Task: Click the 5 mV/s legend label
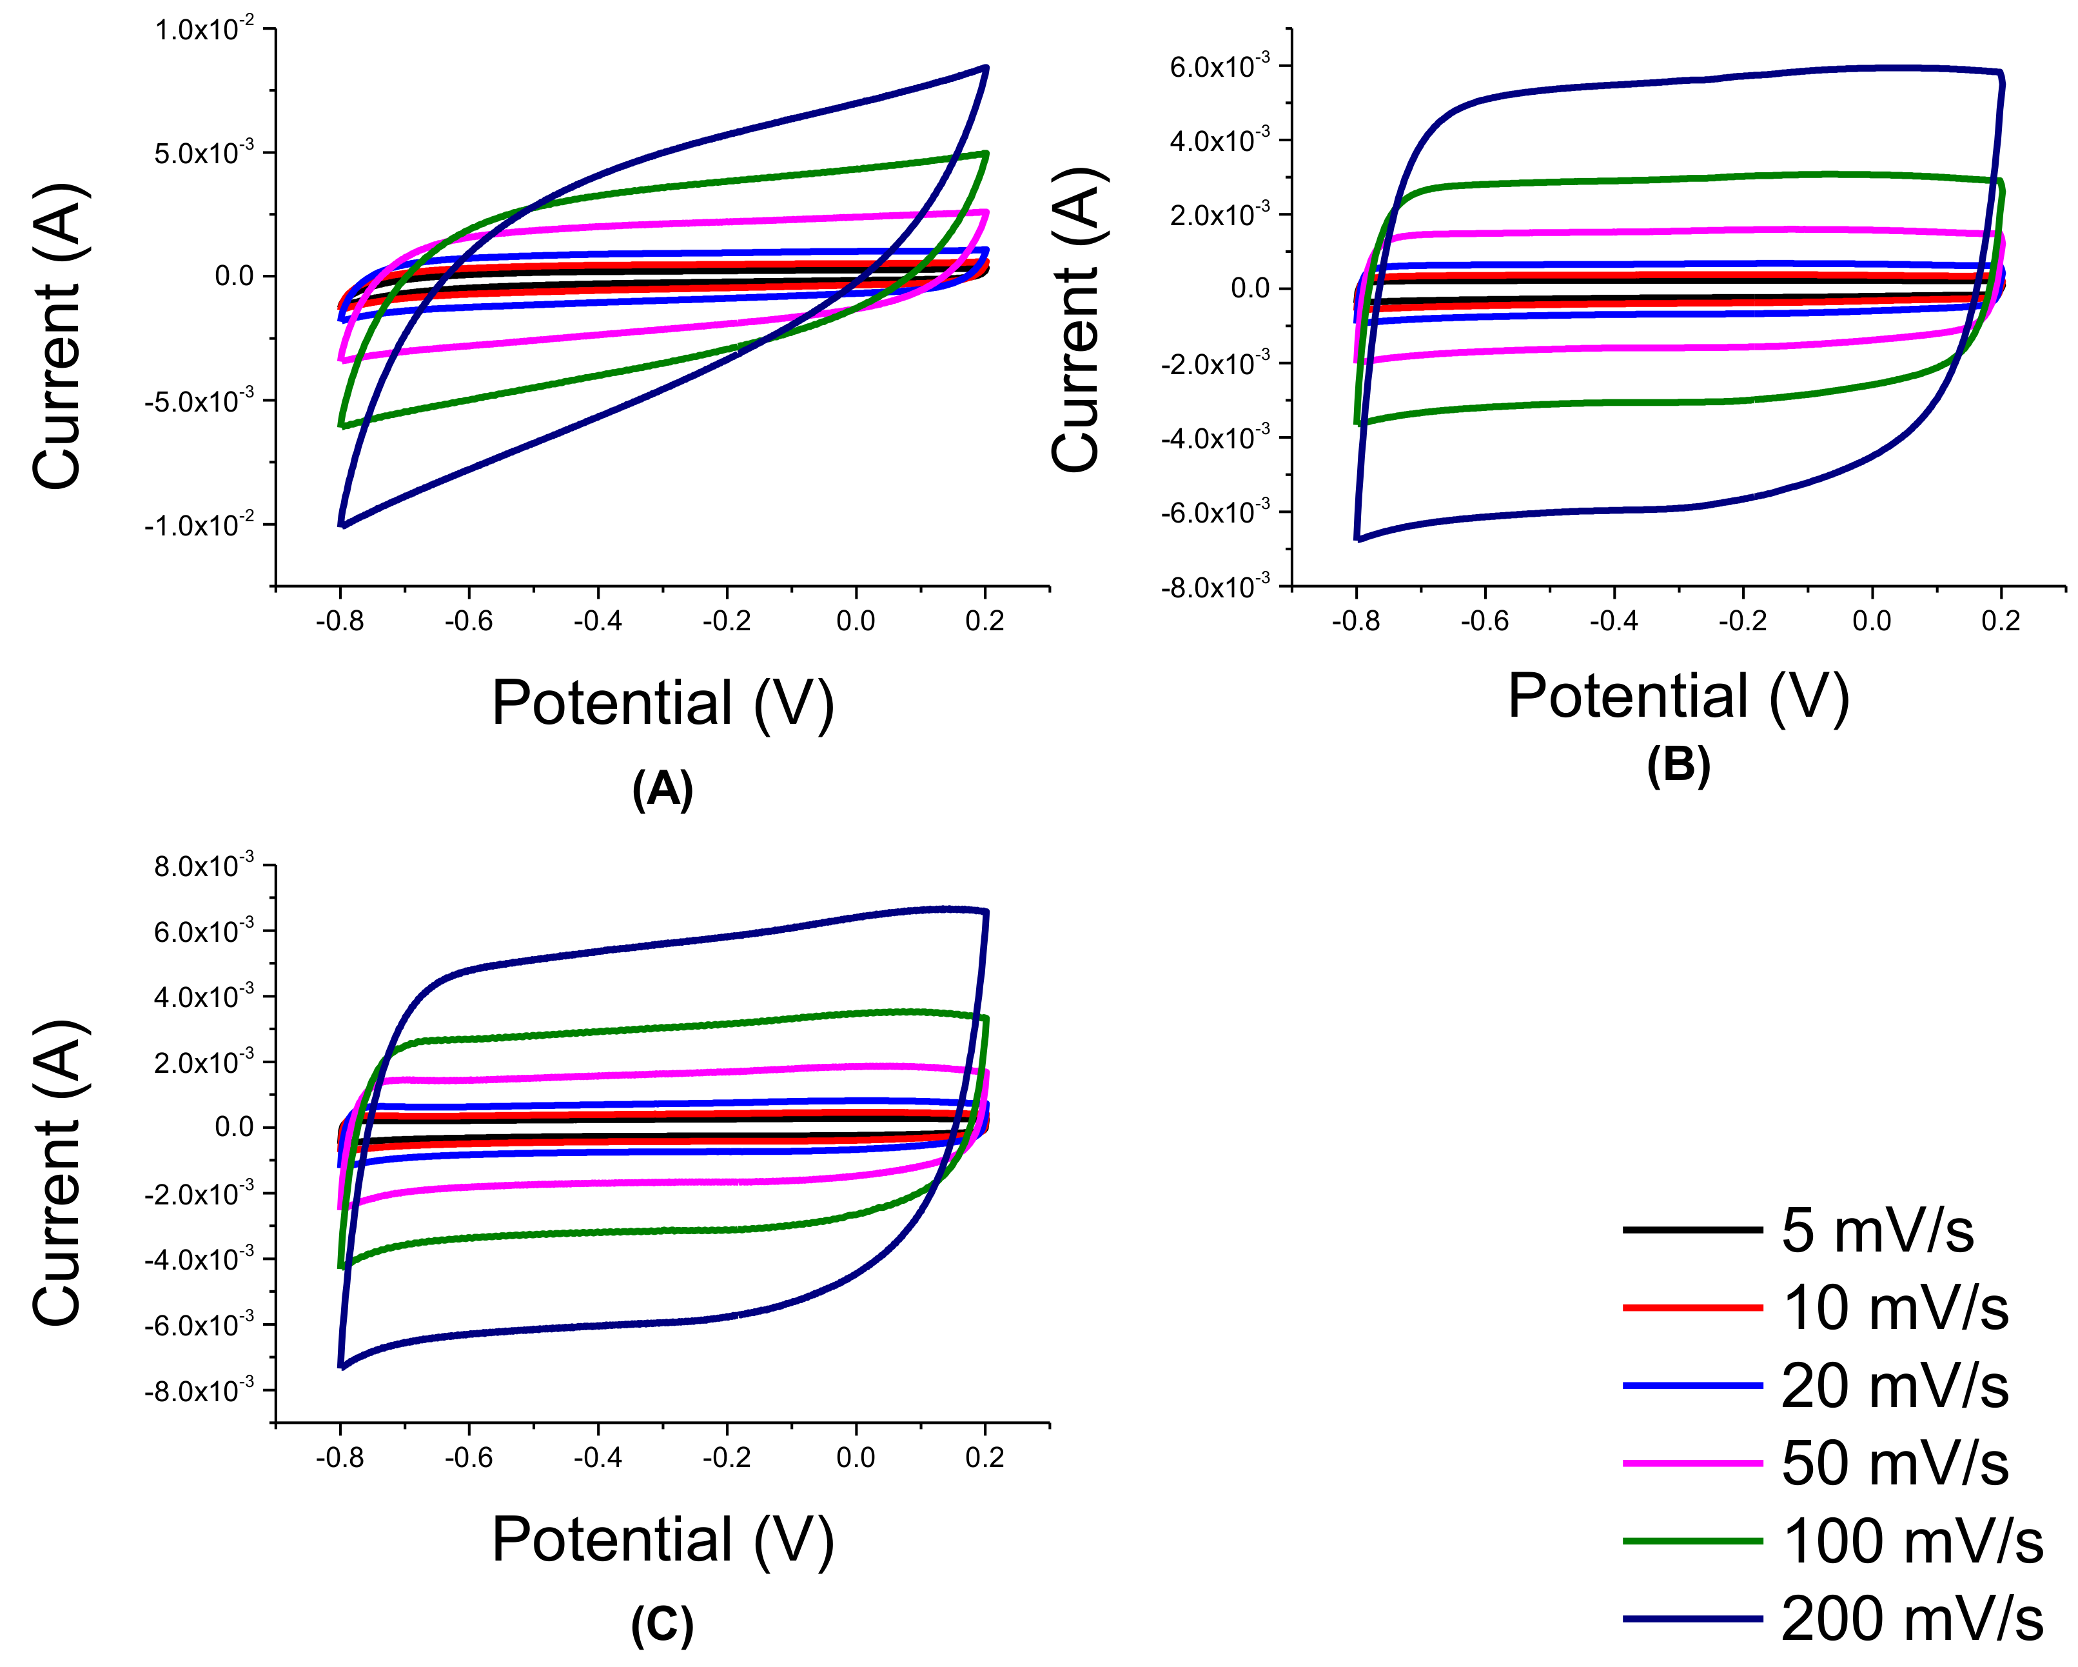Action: click(x=1877, y=1231)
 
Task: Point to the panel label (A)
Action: click(x=662, y=790)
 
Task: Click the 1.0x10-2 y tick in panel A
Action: click(x=204, y=30)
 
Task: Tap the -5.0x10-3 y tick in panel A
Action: click(x=199, y=401)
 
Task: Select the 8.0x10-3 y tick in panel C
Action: click(x=204, y=866)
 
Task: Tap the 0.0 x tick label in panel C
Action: click(x=855, y=1457)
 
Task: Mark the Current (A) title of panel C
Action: click(x=60, y=1172)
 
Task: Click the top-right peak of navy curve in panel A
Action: click(x=985, y=68)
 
